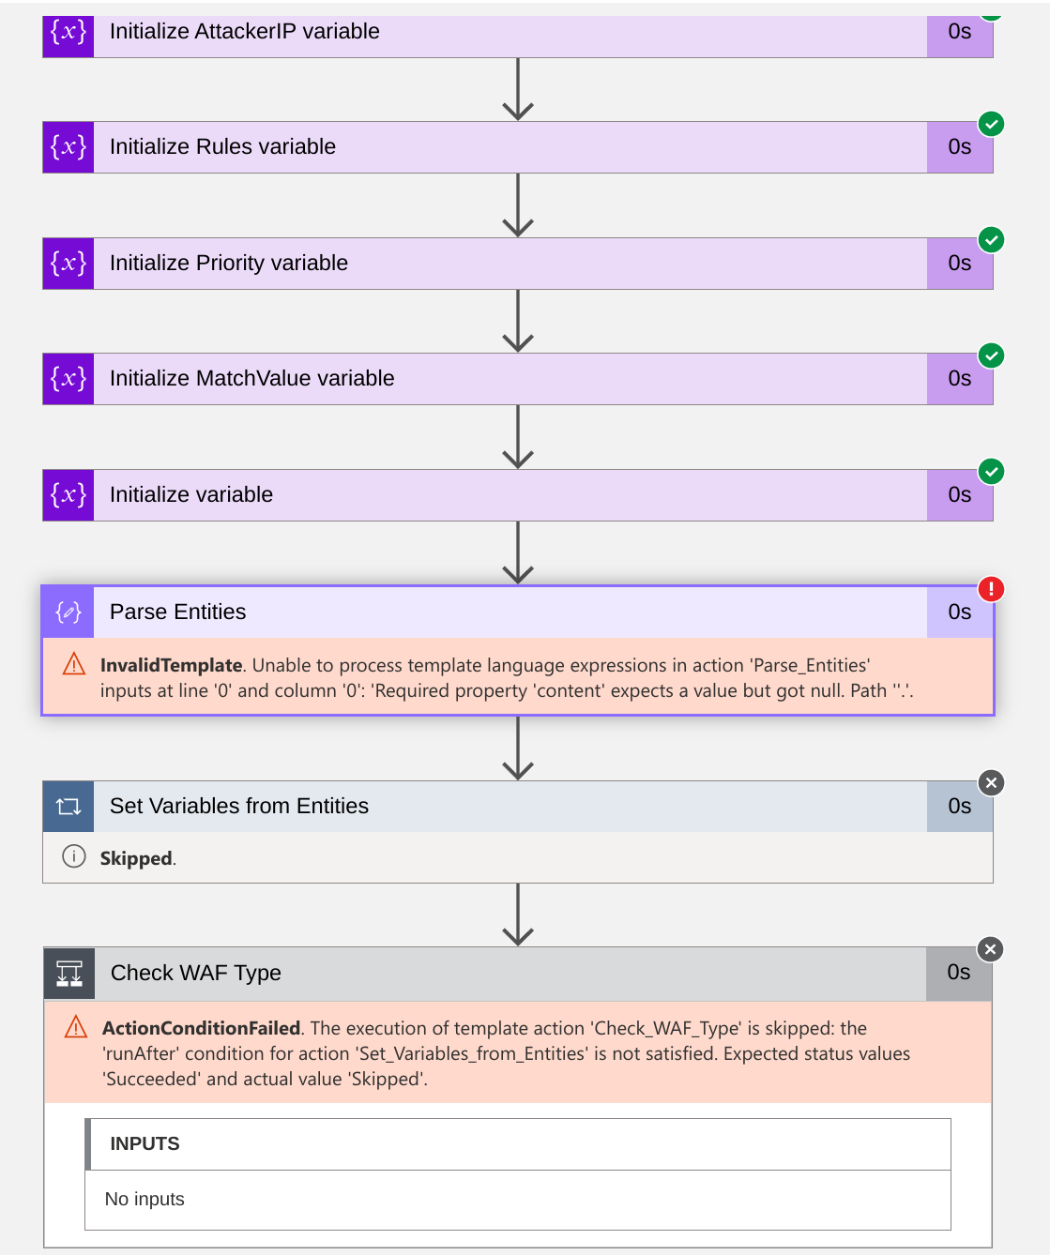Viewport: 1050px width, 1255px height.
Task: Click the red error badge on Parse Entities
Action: [991, 589]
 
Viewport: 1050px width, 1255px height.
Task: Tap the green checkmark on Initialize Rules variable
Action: [991, 124]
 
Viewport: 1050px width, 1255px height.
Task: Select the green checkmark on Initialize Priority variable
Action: [991, 240]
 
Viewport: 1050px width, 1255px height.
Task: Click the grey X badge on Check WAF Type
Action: [990, 949]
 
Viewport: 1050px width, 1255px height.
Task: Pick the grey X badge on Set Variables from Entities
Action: [991, 783]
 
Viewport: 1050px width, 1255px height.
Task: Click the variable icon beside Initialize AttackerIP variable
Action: [68, 32]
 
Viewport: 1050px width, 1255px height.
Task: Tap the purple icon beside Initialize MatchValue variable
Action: [68, 379]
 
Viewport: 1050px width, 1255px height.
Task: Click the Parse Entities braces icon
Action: [68, 612]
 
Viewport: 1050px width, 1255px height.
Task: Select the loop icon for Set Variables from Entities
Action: [68, 807]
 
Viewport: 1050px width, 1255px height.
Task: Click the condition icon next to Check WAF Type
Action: [69, 974]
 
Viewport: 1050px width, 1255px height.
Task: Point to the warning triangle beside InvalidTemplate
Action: [74, 665]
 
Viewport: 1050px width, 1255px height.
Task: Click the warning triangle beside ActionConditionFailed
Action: [76, 1028]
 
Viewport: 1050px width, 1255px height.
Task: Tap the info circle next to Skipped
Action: [74, 856]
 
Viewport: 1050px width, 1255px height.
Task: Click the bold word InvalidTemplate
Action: [172, 665]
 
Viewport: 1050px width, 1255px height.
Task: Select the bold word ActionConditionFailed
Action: [201, 1028]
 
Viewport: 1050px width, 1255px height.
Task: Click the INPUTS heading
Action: [145, 1143]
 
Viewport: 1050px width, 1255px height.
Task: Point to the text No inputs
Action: [145, 1199]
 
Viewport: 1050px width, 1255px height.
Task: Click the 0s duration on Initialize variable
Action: [959, 495]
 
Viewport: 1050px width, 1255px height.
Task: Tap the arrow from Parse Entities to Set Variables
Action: [518, 748]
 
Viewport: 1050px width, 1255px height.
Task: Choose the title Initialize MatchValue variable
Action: [251, 379]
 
